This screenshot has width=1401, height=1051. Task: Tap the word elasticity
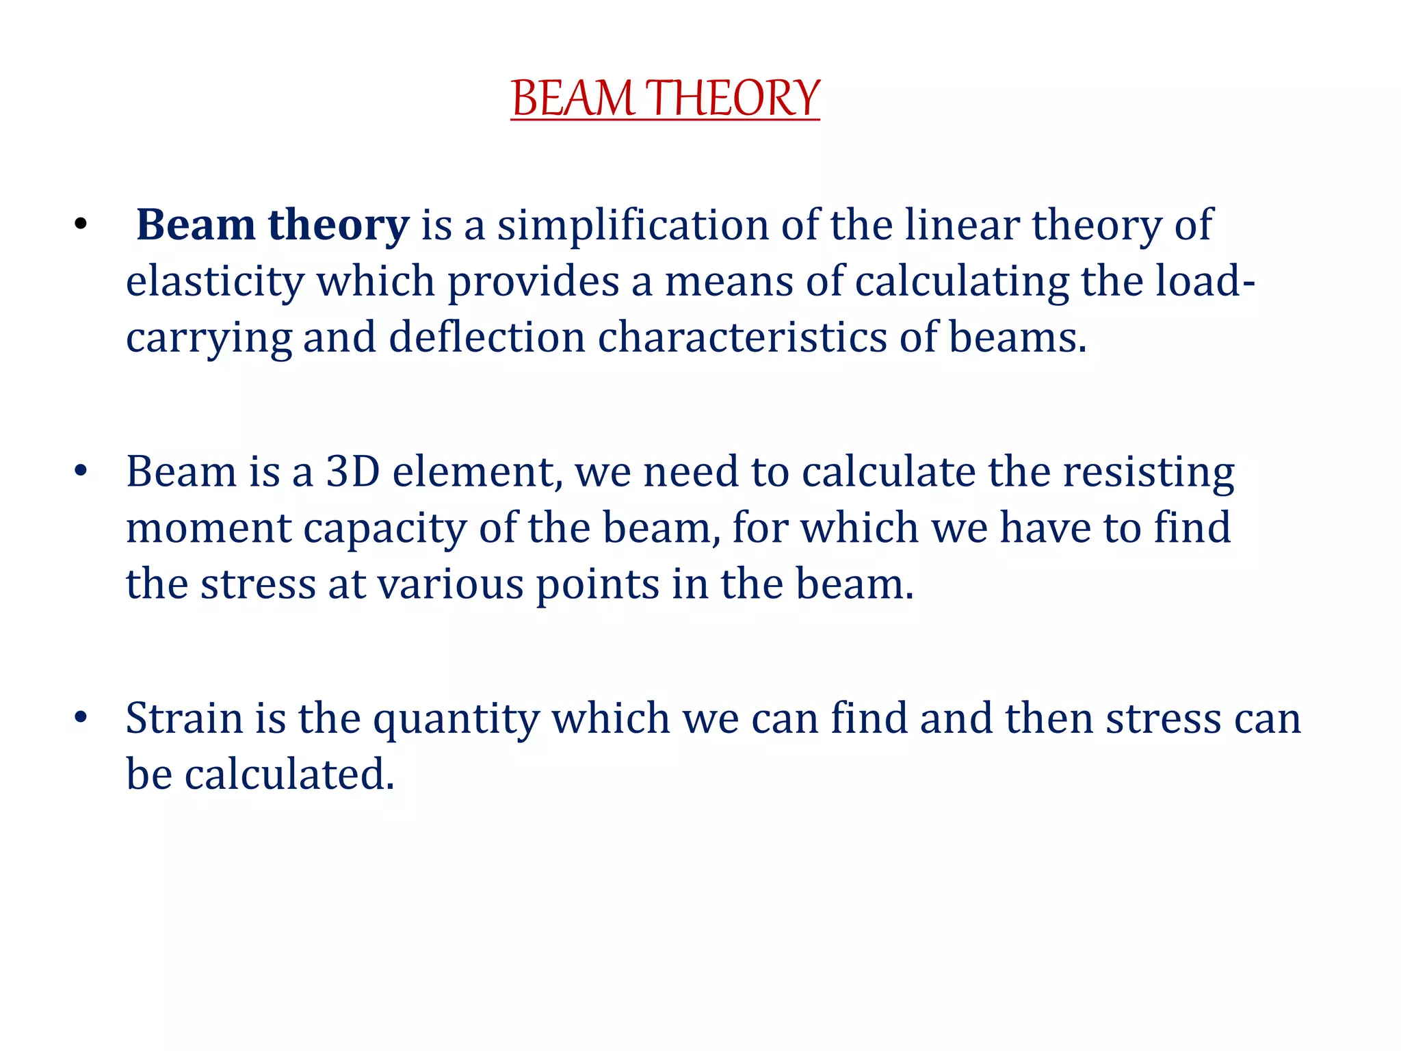tap(215, 281)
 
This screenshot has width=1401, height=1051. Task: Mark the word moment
tap(209, 528)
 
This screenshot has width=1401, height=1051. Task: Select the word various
tap(450, 584)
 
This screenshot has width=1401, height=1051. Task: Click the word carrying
tap(209, 338)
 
